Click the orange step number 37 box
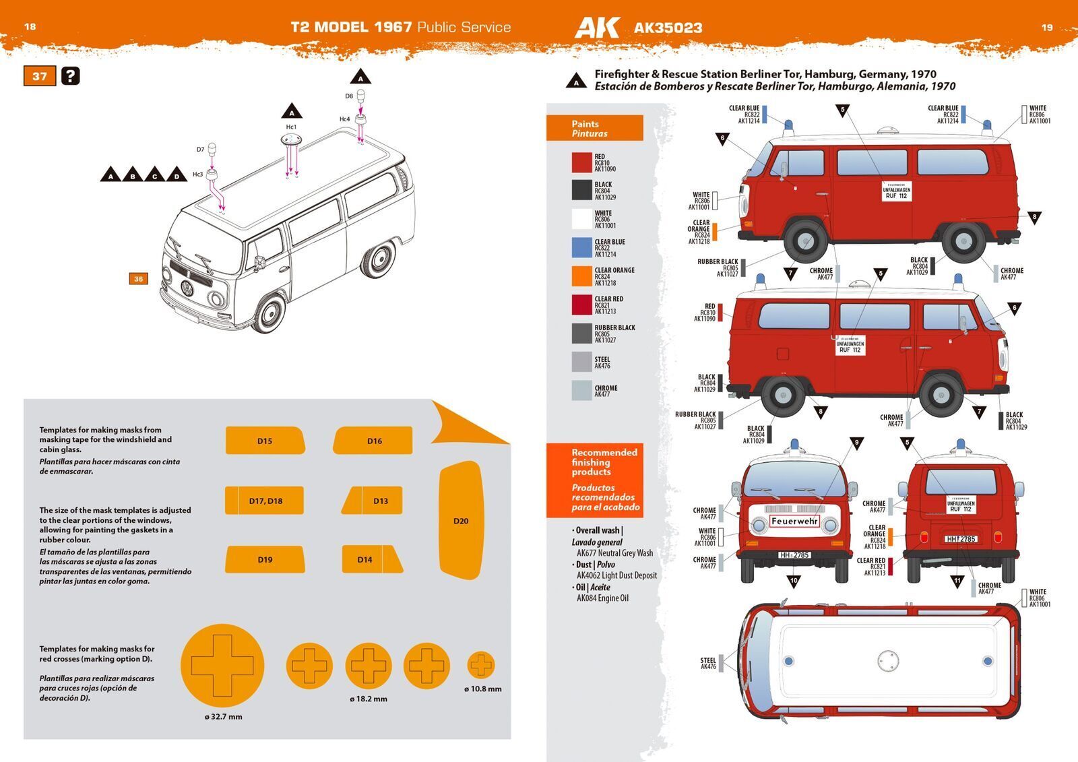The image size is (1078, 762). click(x=40, y=76)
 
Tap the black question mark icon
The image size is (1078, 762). click(x=70, y=76)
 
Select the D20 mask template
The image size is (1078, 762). click(x=462, y=520)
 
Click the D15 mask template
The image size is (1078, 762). click(x=265, y=441)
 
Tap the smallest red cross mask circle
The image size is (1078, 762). click(x=481, y=666)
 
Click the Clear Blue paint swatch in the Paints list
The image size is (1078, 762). click(x=581, y=248)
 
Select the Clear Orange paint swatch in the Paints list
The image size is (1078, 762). click(x=581, y=276)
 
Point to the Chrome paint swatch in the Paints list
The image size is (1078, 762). click(x=581, y=391)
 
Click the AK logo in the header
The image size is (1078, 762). click(x=597, y=28)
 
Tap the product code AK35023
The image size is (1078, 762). click(x=668, y=28)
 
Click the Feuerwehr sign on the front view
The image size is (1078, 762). click(x=794, y=521)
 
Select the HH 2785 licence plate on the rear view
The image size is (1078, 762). click(x=961, y=539)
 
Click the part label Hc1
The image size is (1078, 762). click(x=291, y=127)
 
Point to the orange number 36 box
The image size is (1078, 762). click(x=138, y=278)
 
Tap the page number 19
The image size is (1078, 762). click(x=1046, y=28)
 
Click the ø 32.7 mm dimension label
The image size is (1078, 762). click(x=223, y=717)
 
